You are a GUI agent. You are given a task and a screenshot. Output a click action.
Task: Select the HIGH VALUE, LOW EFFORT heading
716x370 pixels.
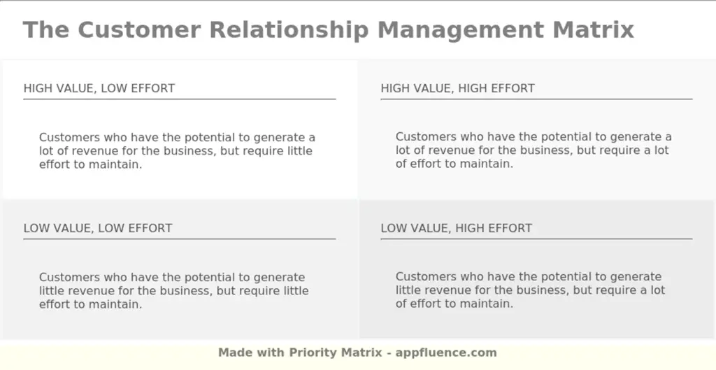pos(99,88)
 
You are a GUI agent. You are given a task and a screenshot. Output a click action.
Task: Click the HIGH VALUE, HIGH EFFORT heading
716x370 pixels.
pos(457,88)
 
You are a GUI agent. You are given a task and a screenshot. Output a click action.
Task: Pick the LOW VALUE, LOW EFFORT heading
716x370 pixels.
pos(98,228)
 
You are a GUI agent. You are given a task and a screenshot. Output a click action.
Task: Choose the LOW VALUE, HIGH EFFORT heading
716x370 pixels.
pos(456,228)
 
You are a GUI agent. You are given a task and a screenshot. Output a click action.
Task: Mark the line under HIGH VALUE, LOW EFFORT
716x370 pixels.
pos(179,99)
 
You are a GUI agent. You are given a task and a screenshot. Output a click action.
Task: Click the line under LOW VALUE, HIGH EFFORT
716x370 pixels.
pos(536,239)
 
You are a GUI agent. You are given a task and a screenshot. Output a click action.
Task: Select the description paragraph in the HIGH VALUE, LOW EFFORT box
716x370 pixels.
pos(177,151)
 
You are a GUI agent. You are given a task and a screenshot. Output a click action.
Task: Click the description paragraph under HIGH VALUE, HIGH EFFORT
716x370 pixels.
pos(534,151)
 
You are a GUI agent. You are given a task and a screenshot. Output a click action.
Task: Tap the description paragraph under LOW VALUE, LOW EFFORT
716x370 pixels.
pos(173,291)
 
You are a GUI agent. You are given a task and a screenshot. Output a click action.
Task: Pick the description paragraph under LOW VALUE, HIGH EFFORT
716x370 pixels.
pos(530,291)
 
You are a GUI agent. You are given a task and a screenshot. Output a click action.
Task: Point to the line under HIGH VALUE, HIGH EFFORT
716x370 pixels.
pos(536,99)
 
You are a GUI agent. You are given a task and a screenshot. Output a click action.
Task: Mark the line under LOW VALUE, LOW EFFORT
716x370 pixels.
pos(179,239)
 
